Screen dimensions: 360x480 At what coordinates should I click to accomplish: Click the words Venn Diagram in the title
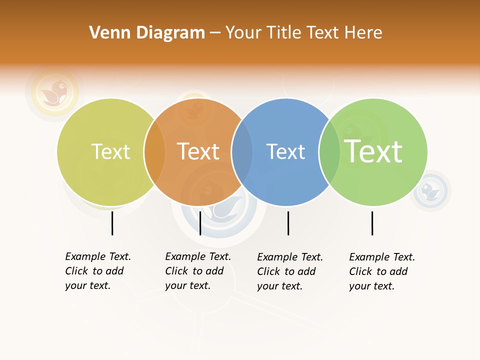coord(147,33)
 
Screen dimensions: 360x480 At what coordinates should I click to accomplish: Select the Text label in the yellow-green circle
coord(110,151)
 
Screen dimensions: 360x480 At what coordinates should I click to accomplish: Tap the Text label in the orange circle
coord(198,151)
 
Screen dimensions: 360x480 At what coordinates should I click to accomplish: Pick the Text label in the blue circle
coord(285,151)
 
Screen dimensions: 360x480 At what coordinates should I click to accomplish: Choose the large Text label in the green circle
coord(373,151)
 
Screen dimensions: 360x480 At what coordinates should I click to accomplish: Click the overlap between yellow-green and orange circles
coord(154,151)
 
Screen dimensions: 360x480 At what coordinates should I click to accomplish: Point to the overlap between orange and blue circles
coord(242,151)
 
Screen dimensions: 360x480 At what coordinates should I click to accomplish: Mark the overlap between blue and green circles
coord(329,151)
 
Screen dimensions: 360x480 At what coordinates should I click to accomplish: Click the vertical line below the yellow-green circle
coord(112,223)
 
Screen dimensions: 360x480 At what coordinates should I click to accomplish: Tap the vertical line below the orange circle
coord(200,223)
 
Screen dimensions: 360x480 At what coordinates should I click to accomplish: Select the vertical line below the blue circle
coord(288,223)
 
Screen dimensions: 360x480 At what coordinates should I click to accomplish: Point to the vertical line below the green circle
coord(372,223)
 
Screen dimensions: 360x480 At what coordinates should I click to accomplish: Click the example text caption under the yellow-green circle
coord(98,271)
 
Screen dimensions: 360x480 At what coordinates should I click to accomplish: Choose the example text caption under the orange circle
coord(198,271)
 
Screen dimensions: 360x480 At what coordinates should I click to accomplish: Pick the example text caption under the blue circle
coord(290,271)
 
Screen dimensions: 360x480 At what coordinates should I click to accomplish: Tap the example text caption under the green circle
coord(382,271)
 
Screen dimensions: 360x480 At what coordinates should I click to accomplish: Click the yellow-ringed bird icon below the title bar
coord(55,91)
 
